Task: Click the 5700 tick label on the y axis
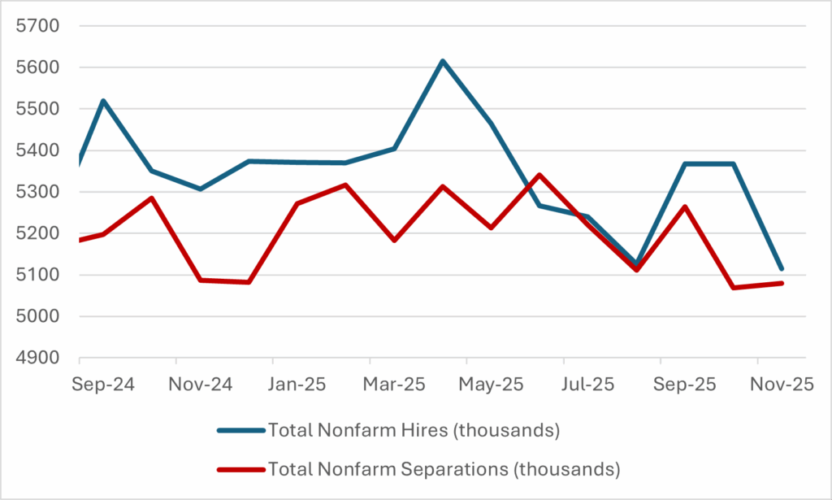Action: [38, 26]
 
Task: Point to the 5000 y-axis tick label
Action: [38, 317]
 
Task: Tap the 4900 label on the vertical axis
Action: [38, 359]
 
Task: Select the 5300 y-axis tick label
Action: [38, 193]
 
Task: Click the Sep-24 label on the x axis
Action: [103, 385]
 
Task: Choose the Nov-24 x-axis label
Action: [200, 385]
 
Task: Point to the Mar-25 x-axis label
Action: [393, 385]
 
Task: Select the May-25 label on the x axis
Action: [491, 385]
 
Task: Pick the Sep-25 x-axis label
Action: [684, 385]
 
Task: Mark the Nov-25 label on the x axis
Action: [781, 385]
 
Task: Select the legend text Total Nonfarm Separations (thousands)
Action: [444, 469]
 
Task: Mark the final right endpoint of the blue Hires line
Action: [782, 269]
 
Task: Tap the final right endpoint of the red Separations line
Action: [782, 283]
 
